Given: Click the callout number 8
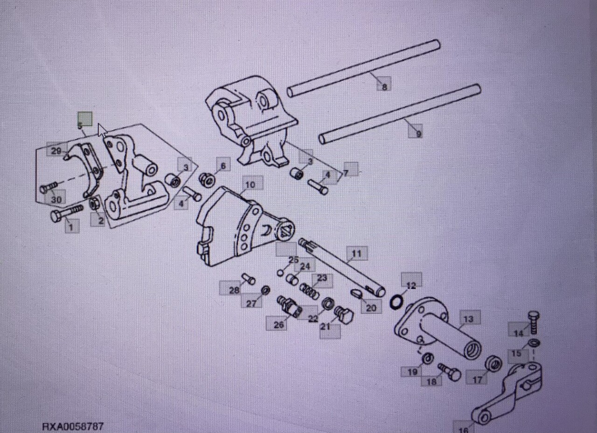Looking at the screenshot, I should [x=384, y=87].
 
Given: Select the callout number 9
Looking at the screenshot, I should [x=418, y=134].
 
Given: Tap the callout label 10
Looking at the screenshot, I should [x=250, y=185].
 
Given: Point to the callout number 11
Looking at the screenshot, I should [x=357, y=254].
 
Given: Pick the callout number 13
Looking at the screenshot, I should [x=469, y=319].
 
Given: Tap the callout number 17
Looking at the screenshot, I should [x=477, y=380].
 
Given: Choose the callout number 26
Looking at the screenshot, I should [x=279, y=325].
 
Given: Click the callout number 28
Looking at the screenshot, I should [x=234, y=290].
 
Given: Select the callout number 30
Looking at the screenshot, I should [x=56, y=200].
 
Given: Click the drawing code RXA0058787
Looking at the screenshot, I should [x=74, y=426].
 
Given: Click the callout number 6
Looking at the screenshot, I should [x=222, y=166].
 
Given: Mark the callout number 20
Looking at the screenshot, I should [x=371, y=308].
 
